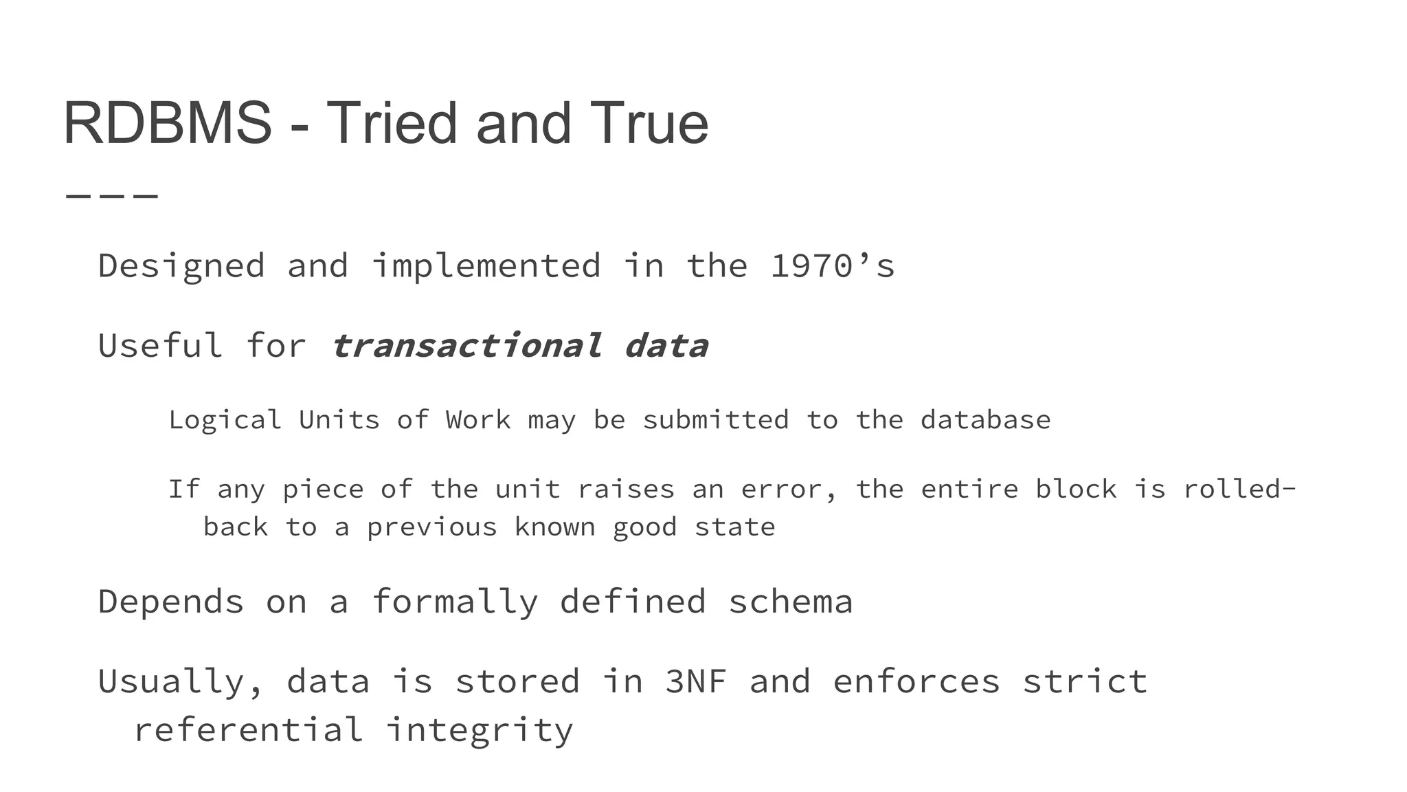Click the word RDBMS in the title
click(x=167, y=124)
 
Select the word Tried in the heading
click(x=391, y=124)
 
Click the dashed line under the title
click(x=112, y=197)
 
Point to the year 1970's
click(x=832, y=266)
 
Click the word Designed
click(x=181, y=266)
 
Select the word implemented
click(x=486, y=266)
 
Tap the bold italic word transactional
click(x=466, y=345)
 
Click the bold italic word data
click(x=665, y=345)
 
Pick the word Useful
click(x=160, y=345)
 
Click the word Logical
click(x=225, y=420)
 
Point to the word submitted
click(x=715, y=420)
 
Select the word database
click(x=985, y=420)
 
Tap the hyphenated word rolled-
click(x=1239, y=489)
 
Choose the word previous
click(x=431, y=527)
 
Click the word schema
click(x=790, y=602)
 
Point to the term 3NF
click(x=695, y=681)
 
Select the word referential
click(x=248, y=729)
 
